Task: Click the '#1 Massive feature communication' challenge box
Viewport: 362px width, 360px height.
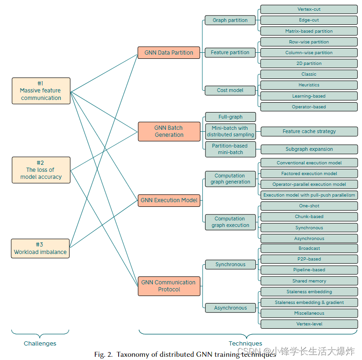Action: (x=41, y=91)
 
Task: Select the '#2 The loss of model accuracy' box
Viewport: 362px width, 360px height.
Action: (x=41, y=170)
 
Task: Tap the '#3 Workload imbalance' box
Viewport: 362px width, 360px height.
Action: (x=40, y=248)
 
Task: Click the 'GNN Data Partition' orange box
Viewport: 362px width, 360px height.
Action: (x=169, y=53)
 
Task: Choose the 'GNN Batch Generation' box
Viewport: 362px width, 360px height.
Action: (x=169, y=131)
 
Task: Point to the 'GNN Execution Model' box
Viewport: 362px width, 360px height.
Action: (x=169, y=200)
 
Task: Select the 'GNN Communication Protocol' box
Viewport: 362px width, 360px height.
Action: (x=169, y=286)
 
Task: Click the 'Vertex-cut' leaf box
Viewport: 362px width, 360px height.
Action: (x=309, y=9)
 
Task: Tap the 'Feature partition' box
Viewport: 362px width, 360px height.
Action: (x=230, y=53)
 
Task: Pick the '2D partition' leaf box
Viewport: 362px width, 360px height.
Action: (x=309, y=64)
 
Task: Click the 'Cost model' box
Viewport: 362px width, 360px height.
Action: (x=230, y=90)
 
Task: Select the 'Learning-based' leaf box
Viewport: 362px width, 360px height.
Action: (x=309, y=96)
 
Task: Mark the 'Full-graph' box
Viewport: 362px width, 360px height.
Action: (x=230, y=117)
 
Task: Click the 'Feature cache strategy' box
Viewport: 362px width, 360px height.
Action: (x=309, y=131)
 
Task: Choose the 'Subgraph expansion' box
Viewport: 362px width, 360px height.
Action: (x=309, y=149)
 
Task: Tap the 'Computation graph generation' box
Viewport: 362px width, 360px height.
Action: (x=230, y=179)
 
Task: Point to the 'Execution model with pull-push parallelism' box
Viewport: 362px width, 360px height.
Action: (x=309, y=195)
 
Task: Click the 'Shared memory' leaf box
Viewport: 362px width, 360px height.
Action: (x=309, y=281)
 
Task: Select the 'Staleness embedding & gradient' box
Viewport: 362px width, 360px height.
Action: (x=309, y=303)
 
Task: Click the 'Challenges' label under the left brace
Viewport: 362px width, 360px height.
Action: (x=40, y=344)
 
